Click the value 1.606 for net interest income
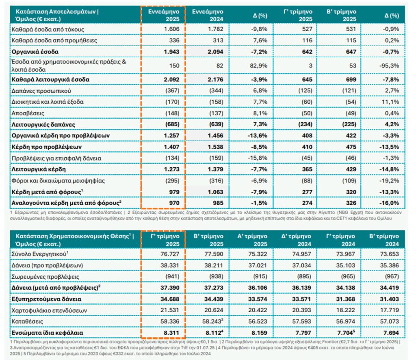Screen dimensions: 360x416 tap(171, 29)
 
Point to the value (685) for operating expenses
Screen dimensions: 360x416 tap(170, 124)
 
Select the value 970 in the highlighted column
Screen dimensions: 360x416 tap(172, 202)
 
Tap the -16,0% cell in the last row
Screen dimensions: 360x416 tap(389, 202)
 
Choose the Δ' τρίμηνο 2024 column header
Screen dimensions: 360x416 tap(293, 239)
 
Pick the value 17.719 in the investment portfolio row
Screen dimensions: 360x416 tap(390, 310)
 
